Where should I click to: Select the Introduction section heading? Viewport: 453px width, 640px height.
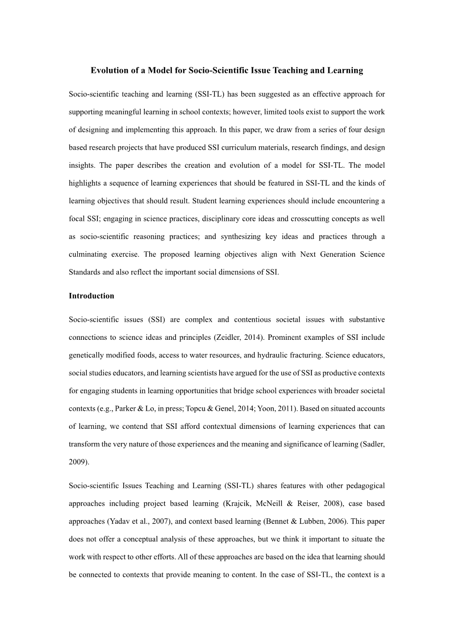pyautogui.click(x=91, y=296)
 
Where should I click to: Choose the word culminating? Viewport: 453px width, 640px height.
pyautogui.click(x=91, y=254)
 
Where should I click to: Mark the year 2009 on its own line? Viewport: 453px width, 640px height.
pyautogui.click(x=78, y=462)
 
